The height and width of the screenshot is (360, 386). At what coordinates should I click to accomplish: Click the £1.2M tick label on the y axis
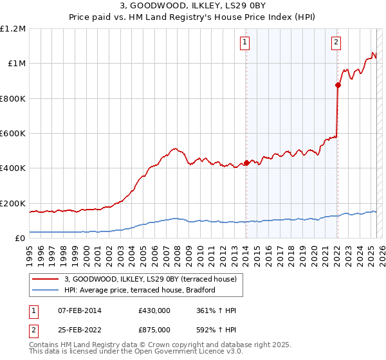[x=13, y=29]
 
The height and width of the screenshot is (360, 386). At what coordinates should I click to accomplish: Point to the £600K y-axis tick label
[x=13, y=134]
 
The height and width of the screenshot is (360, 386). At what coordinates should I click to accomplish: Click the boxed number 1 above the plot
[x=246, y=43]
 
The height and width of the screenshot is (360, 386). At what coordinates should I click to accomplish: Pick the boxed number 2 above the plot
[x=336, y=43]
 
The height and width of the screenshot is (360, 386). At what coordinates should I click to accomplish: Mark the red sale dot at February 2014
[x=246, y=163]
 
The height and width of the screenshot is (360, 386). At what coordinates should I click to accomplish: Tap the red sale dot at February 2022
[x=338, y=85]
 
